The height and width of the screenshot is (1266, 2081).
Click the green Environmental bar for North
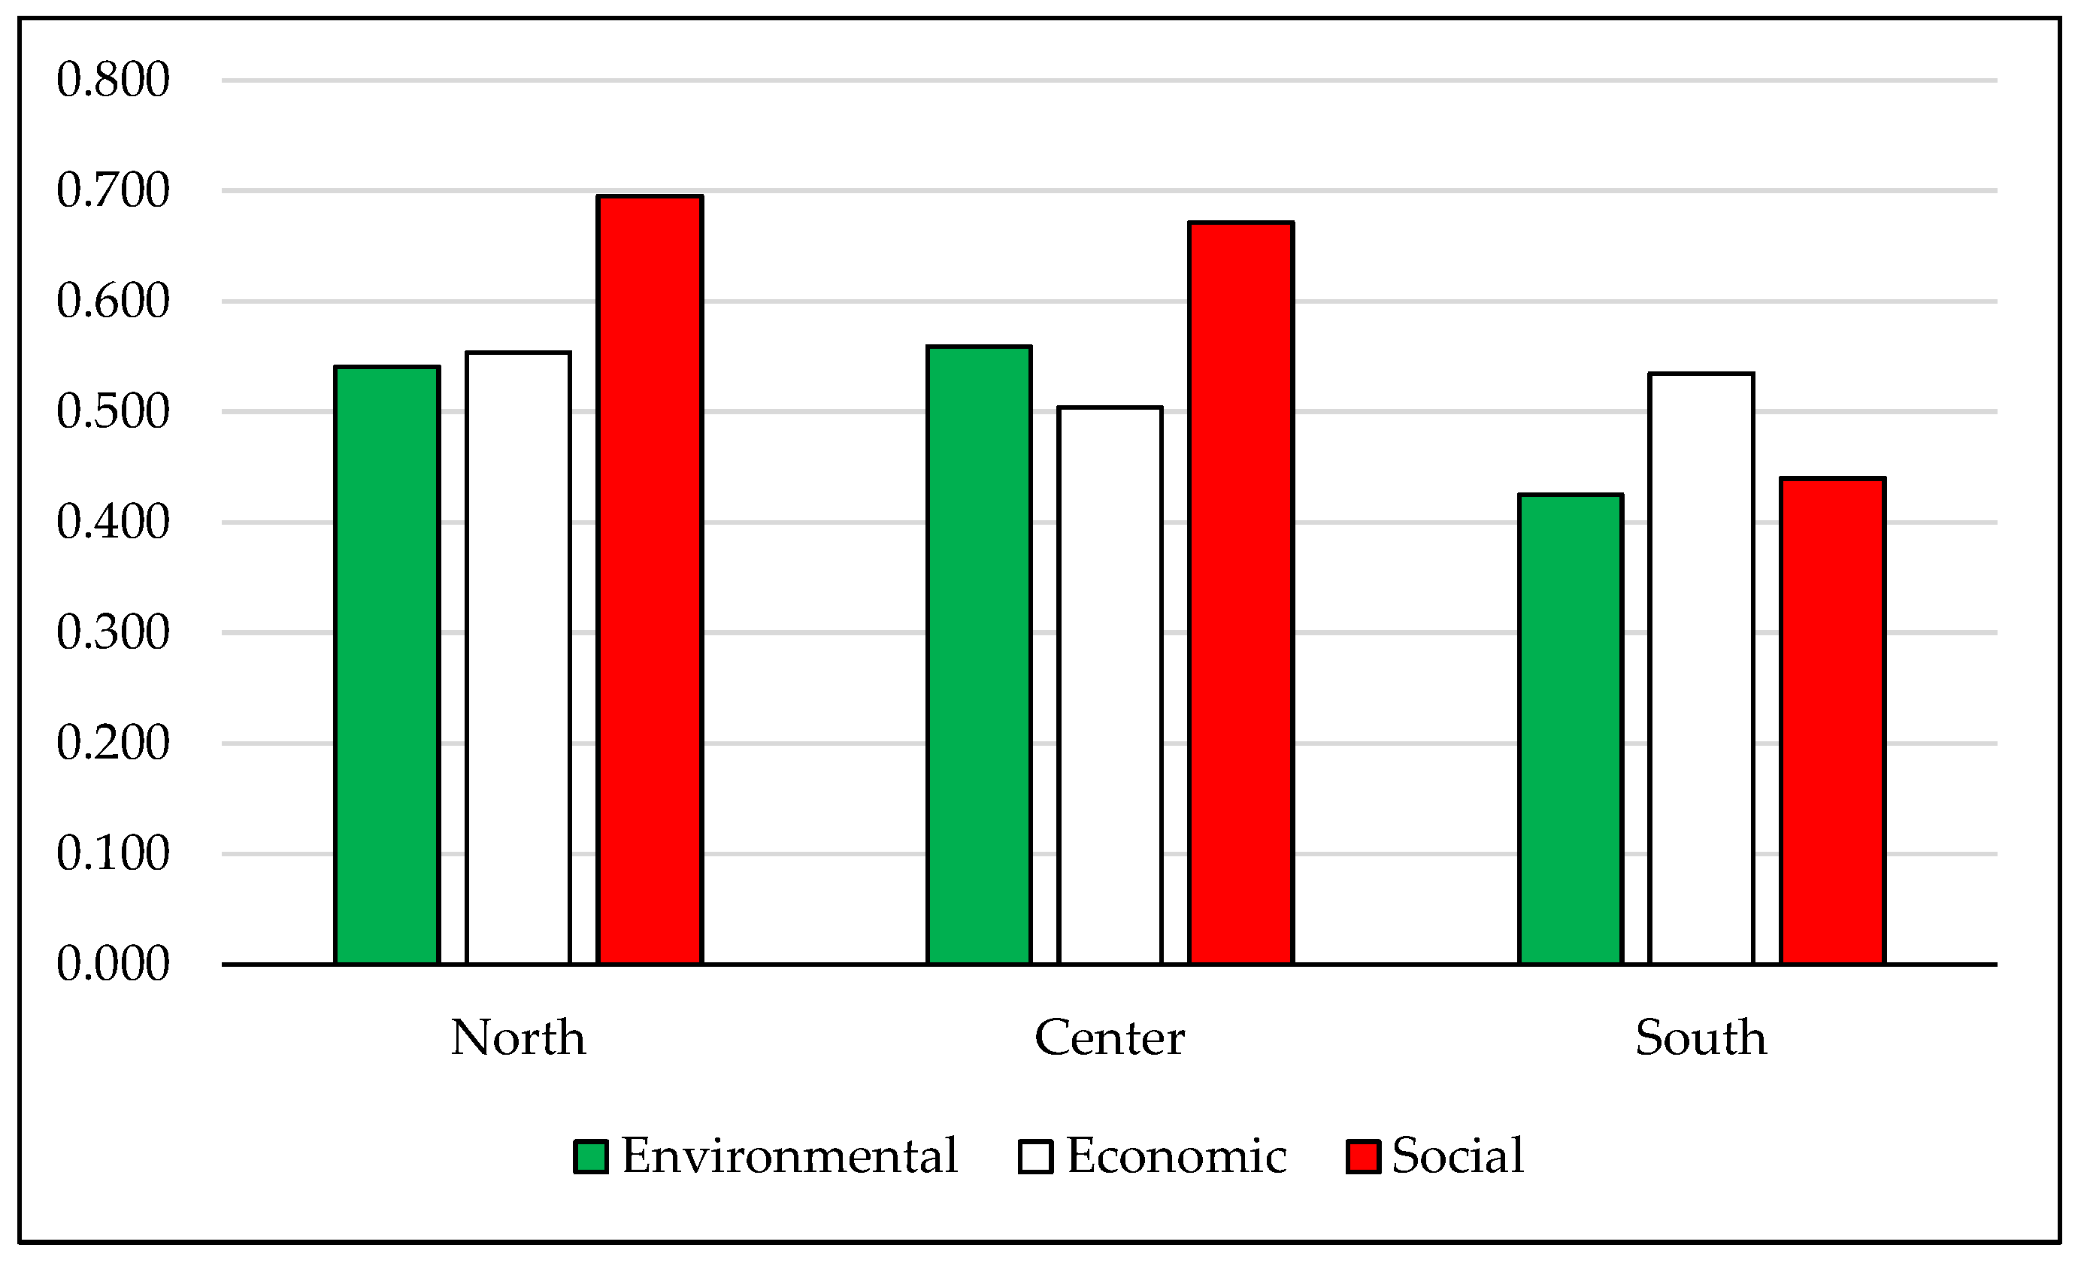[x=387, y=665]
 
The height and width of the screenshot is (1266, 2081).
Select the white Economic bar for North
[x=518, y=659]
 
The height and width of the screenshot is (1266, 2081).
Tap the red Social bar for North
[x=650, y=580]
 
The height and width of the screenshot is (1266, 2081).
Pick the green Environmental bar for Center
[x=979, y=656]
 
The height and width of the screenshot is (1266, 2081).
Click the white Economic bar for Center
[x=1110, y=686]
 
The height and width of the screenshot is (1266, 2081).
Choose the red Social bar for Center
[x=1240, y=593]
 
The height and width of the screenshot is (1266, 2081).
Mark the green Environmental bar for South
[x=1571, y=730]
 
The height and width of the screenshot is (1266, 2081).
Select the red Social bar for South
[x=1833, y=721]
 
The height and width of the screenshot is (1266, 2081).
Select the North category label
[x=518, y=1038]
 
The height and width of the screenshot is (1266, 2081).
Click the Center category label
[x=1110, y=1038]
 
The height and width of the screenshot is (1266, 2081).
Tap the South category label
[x=1701, y=1038]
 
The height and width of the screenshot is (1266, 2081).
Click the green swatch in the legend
[x=590, y=1157]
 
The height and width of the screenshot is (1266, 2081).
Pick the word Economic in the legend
[x=1177, y=1156]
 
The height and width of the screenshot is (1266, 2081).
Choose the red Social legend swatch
[x=1363, y=1157]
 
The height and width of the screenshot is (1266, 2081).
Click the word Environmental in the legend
[x=789, y=1156]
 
